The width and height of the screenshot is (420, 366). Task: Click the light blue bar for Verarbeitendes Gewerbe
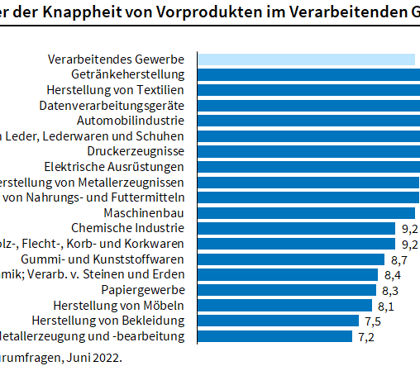point(306,59)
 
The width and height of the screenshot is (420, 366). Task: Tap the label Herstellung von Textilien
point(122,90)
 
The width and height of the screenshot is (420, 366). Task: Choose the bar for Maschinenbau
point(307,212)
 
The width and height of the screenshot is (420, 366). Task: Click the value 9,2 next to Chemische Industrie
point(409,228)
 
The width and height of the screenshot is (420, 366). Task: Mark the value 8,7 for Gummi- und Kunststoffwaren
point(399,259)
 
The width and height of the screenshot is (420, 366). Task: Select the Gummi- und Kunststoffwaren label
point(126,259)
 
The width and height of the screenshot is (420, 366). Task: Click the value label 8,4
point(392,274)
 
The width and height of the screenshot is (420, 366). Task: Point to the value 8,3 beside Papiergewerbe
point(390,290)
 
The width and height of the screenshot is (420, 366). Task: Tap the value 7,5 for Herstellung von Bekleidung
point(372,321)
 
